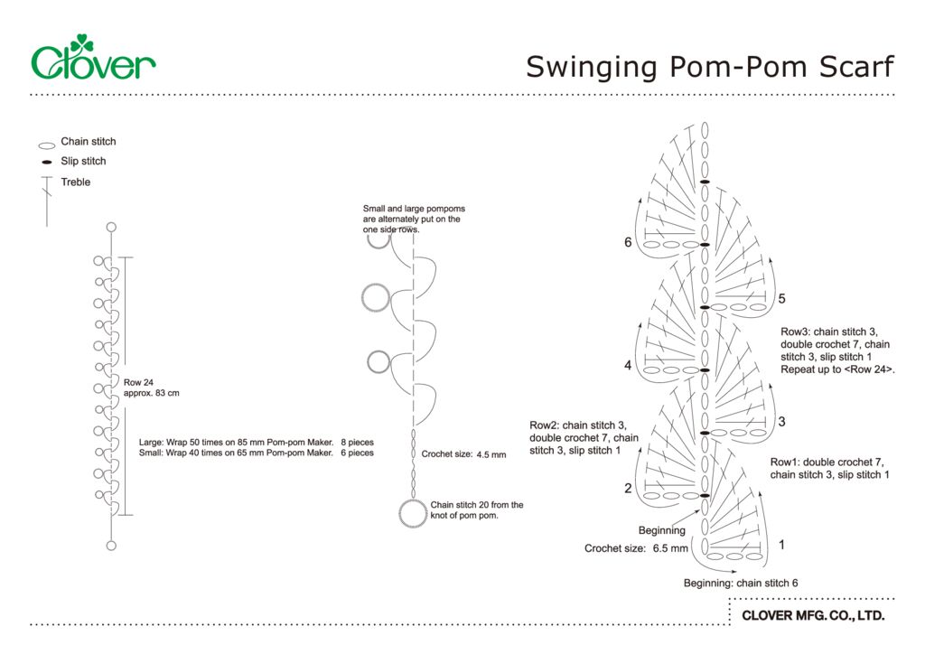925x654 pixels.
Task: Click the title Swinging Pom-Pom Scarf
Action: (709, 67)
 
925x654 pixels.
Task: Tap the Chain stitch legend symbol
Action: (47, 145)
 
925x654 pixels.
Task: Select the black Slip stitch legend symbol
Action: (47, 163)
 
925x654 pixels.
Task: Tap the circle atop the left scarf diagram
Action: (111, 228)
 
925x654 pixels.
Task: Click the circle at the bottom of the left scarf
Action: (111, 545)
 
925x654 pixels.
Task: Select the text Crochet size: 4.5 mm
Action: (463, 454)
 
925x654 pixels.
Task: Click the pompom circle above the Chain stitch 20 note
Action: (413, 513)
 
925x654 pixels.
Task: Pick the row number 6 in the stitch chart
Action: (628, 242)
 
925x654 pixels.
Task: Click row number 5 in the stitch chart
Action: (782, 299)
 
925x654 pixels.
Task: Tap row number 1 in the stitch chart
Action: (781, 545)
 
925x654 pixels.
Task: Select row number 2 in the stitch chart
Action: (628, 489)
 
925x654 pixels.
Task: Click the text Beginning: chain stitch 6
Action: (740, 584)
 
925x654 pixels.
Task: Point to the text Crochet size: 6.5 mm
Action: (636, 548)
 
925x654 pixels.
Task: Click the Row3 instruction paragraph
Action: (842, 350)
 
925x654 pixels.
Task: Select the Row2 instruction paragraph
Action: (584, 437)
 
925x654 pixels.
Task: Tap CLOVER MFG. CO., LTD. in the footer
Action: (812, 616)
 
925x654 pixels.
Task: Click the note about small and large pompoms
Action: (414, 219)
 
